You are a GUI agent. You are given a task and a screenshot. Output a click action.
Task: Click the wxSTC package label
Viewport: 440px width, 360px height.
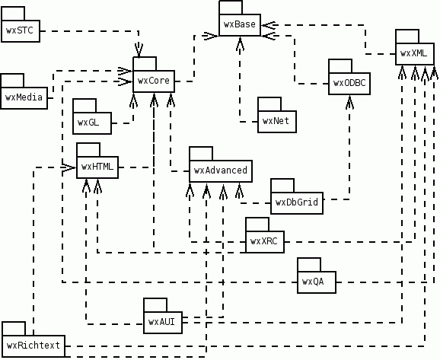coord(20,30)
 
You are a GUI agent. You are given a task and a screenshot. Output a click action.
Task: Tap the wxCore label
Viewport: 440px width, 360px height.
coord(154,81)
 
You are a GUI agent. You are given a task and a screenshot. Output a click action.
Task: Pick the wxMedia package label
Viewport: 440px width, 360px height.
coord(24,97)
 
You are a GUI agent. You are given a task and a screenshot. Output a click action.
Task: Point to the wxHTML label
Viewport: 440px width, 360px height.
coord(97,167)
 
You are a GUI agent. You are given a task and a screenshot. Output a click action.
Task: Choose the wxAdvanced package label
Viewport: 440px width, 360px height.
coord(221,170)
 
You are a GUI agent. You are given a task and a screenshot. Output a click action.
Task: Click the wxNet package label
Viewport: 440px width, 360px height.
coord(276,121)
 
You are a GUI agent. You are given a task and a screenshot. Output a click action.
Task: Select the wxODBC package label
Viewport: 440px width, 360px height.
coord(349,83)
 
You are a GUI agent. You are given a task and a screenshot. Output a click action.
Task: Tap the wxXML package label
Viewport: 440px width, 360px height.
coord(413,53)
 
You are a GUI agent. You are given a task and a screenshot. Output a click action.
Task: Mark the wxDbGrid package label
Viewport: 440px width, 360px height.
coord(297,202)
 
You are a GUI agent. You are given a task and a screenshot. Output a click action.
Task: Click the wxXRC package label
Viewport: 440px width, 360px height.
coord(264,241)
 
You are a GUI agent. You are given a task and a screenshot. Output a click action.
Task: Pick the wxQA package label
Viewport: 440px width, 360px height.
coord(313,282)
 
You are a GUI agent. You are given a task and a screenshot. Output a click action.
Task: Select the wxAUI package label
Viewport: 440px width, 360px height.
coord(161,322)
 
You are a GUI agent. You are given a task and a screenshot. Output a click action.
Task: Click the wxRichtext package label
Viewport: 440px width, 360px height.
coord(33,346)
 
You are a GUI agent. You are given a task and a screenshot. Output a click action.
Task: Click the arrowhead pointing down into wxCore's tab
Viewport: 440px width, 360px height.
coord(139,50)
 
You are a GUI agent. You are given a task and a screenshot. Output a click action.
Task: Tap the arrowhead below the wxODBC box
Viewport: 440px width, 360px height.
coord(349,102)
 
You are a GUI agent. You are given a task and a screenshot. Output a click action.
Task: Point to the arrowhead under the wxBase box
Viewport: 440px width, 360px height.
coord(240,43)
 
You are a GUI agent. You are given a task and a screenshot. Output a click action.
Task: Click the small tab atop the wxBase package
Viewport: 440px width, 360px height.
coord(231,8)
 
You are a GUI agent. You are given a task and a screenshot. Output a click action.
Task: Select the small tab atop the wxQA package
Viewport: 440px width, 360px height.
coord(309,265)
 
